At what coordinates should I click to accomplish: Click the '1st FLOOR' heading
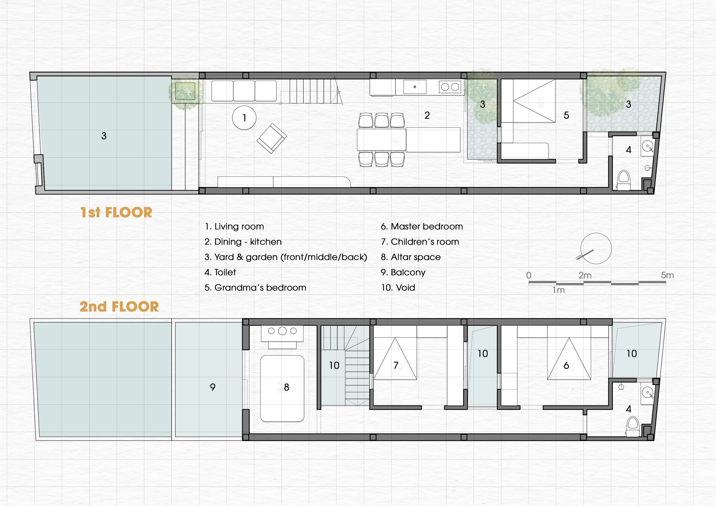point(116,213)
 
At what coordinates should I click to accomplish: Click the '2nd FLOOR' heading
point(119,307)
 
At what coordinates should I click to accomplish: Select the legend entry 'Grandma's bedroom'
point(255,287)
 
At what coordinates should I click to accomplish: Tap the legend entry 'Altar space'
point(411,257)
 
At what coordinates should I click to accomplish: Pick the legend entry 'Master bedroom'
point(422,226)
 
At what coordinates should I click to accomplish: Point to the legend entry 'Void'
point(398,287)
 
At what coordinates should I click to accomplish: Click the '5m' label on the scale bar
point(667,275)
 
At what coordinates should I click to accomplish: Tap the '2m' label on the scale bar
point(585,276)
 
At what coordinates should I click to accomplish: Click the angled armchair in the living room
point(271,138)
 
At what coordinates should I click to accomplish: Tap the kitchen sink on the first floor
point(415,87)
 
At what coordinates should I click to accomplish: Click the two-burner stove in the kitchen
point(450,87)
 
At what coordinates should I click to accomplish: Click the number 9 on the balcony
point(213,387)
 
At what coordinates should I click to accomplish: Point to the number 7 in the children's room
point(396,365)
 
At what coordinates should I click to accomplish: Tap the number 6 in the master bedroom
point(566,365)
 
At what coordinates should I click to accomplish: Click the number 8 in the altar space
point(286,387)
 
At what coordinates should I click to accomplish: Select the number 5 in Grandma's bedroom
point(566,115)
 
